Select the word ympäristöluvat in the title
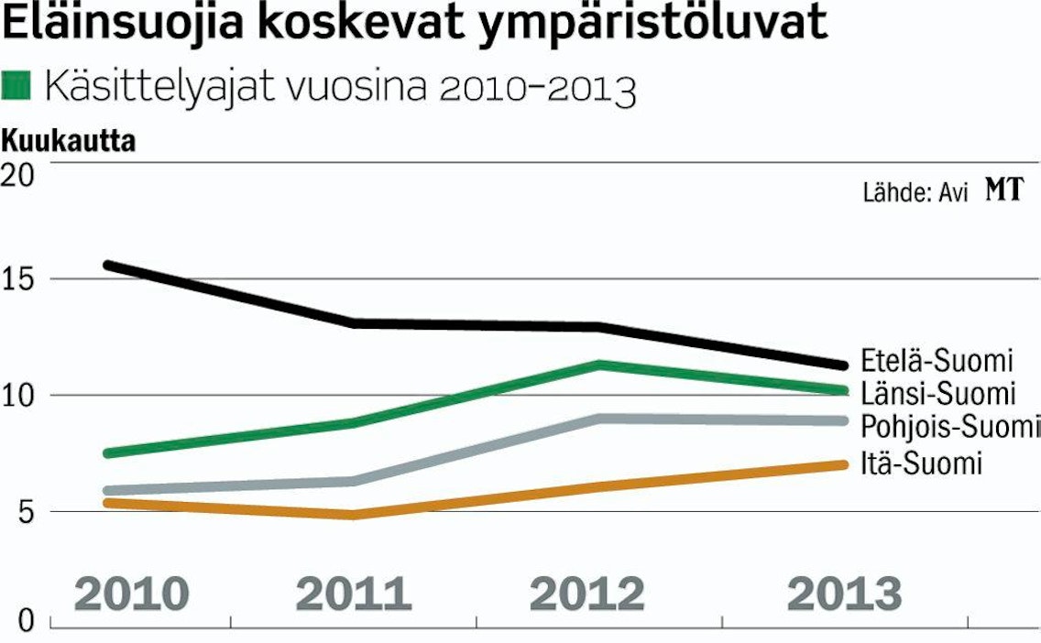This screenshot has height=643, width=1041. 652,23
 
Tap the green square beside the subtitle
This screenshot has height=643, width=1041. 16,85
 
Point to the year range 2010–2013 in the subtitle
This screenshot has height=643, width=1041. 538,88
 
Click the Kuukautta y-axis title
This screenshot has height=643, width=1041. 69,141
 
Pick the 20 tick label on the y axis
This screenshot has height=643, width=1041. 18,175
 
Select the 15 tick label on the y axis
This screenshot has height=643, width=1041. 18,279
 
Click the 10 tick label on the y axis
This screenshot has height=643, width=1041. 18,397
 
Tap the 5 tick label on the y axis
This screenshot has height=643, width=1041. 25,512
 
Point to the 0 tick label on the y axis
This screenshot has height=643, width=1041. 26,621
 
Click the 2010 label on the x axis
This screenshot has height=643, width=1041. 131,594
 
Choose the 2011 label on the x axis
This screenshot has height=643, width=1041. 353,594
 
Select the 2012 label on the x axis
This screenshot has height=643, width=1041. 586,594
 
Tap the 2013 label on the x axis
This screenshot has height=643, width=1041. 845,594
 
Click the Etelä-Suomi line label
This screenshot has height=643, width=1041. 937,360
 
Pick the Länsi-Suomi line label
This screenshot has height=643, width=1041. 938,393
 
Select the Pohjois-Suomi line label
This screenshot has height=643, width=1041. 950,426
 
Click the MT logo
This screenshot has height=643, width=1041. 1004,190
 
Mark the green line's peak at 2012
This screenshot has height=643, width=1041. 598,365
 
